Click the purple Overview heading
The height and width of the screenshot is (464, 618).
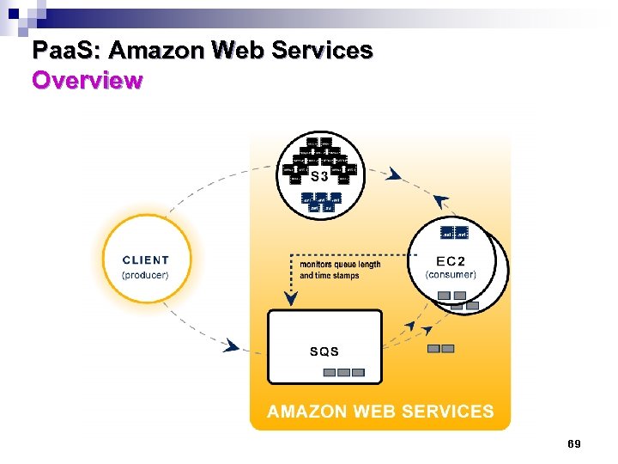point(87,81)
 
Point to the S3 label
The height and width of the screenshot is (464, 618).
point(319,177)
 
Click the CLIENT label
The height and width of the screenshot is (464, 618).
point(146,260)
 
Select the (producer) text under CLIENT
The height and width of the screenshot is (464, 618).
point(146,275)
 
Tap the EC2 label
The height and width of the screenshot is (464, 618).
point(451,260)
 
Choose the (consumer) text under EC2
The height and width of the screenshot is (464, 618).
point(451,275)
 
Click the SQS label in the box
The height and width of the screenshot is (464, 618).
point(324,351)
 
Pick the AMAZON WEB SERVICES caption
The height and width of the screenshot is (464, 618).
point(380,412)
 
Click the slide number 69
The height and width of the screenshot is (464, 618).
point(574,444)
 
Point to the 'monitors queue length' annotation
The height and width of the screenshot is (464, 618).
point(341,265)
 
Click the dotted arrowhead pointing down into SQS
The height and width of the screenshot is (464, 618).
point(291,299)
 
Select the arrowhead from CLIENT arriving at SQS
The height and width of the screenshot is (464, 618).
point(231,345)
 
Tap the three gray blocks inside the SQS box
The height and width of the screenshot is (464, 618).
point(344,373)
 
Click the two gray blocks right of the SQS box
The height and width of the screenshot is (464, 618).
point(440,349)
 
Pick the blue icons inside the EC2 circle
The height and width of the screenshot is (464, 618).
point(454,233)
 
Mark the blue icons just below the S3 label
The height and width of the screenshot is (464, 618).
point(321,202)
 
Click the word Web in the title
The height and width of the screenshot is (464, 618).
point(240,52)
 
